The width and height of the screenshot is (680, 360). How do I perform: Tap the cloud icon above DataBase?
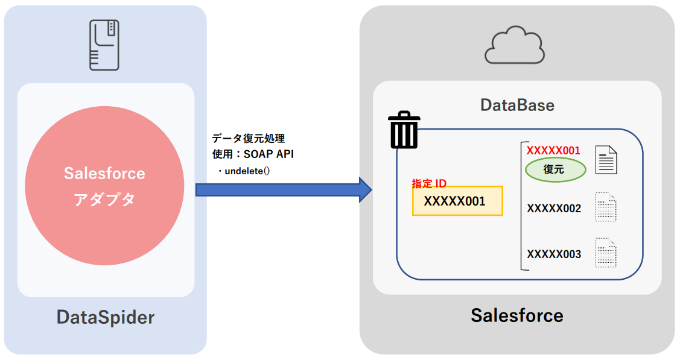coord(516,45)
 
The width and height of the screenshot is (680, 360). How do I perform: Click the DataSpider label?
coord(106,317)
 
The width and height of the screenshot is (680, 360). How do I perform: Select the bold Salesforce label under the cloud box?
coord(517,315)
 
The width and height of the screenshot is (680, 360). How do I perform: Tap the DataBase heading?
coord(517,105)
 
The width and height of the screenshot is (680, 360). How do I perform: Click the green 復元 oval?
coord(555,169)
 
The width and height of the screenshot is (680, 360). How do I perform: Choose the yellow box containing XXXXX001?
coord(457,201)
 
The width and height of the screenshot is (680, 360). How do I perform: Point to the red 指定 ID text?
coord(429,183)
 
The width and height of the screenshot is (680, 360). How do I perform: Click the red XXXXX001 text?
coord(553,150)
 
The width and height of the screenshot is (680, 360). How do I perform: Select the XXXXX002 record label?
coord(554,209)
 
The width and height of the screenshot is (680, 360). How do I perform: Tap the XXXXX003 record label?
coord(554,254)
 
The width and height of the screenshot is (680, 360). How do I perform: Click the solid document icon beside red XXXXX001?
coord(606,160)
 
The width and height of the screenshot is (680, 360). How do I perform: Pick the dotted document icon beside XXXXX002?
coord(606,207)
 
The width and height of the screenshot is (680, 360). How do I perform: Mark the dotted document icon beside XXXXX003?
coord(606,253)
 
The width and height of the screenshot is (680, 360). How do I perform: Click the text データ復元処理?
coord(249,139)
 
